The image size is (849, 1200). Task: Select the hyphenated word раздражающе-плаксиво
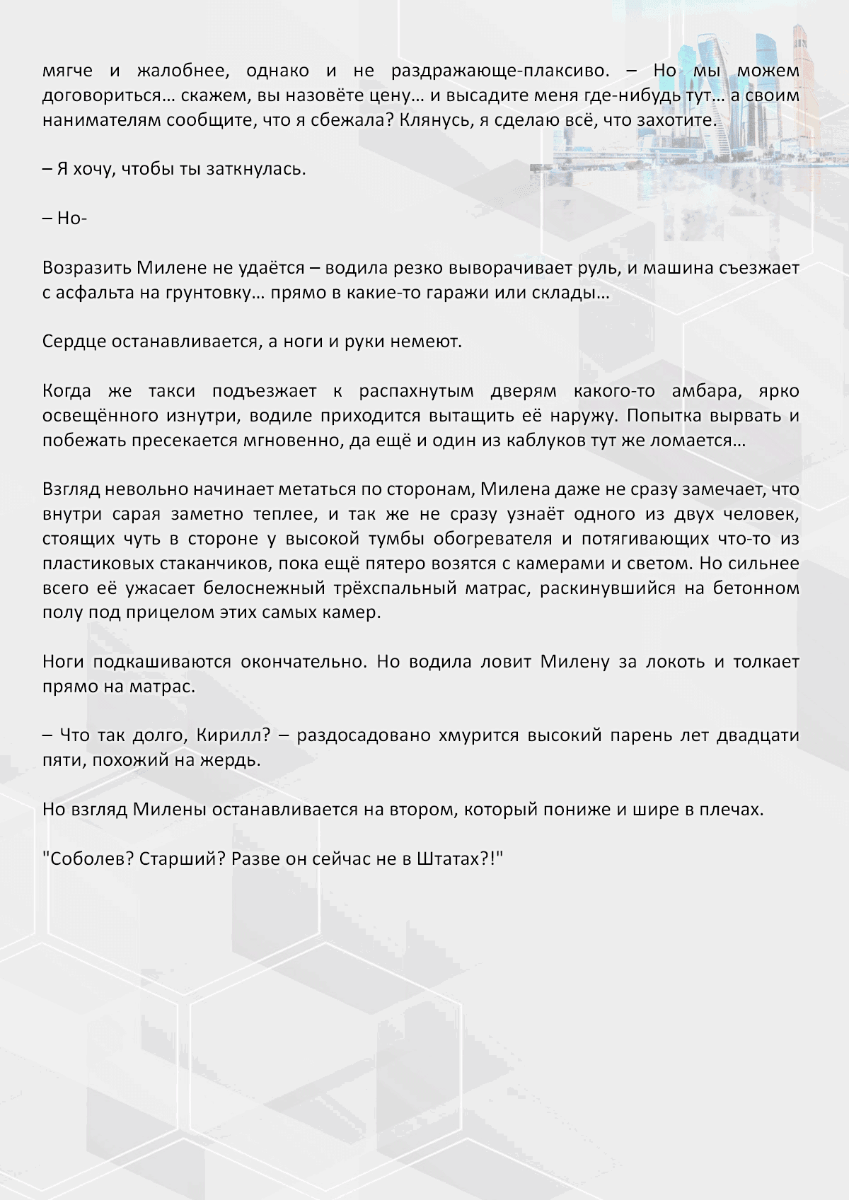pyautogui.click(x=499, y=71)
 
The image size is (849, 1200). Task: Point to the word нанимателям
pyautogui.click(x=102, y=120)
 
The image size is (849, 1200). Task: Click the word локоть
pyautogui.click(x=678, y=662)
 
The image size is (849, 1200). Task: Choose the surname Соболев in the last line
pyautogui.click(x=88, y=859)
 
